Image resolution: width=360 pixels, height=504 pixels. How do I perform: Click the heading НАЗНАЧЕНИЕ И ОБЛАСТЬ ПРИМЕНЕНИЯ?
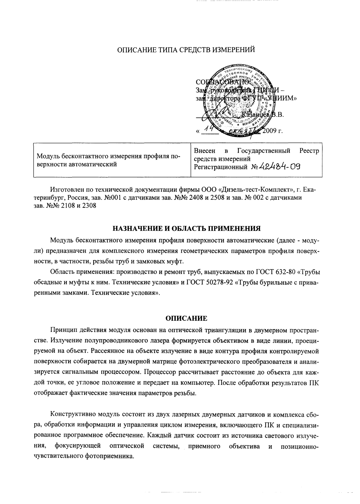(x=187, y=228)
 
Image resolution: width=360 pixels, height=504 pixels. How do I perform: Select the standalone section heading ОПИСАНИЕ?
(x=186, y=318)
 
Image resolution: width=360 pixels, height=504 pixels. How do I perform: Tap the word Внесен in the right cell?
(x=205, y=151)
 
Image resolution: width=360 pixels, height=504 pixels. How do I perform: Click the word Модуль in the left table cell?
(x=46, y=156)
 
